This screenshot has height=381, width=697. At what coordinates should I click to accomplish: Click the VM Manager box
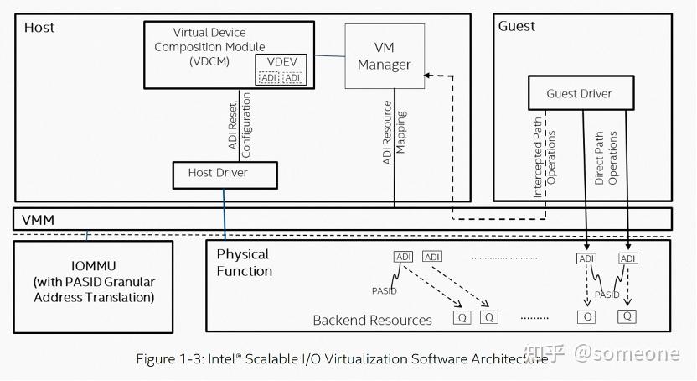coord(385,55)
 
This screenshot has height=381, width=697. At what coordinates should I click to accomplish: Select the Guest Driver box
coord(579,93)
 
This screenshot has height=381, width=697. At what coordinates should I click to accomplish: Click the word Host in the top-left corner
coord(39,28)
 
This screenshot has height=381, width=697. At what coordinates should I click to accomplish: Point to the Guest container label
coord(517,26)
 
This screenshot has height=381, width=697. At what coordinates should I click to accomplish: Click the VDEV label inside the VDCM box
coord(281,63)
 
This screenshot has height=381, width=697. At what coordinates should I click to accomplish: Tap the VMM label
coord(39,219)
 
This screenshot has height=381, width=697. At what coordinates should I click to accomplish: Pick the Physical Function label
coord(244,262)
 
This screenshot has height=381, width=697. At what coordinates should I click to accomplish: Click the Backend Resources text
coord(372,320)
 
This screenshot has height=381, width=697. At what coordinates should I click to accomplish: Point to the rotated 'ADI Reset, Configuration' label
coord(240,125)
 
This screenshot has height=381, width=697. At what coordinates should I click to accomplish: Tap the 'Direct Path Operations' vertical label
coord(606,157)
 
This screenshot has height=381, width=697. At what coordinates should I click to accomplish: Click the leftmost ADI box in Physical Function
coord(404,257)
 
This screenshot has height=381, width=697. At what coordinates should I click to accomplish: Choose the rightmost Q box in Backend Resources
coord(626,316)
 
